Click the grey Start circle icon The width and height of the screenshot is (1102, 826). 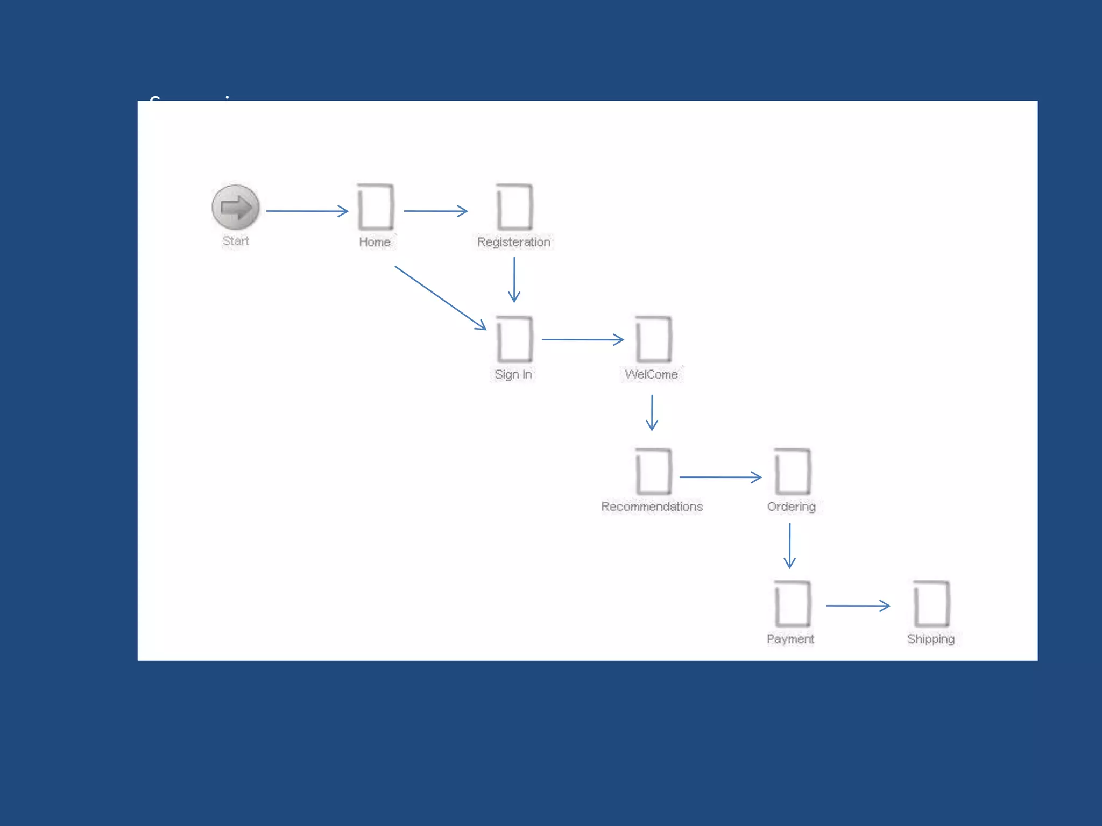(x=236, y=207)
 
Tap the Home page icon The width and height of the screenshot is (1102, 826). (x=376, y=207)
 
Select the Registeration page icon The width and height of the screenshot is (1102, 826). (x=514, y=207)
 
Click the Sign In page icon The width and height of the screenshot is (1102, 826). (x=514, y=339)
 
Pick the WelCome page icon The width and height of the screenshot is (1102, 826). (x=653, y=339)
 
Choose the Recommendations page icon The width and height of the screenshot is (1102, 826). (x=653, y=472)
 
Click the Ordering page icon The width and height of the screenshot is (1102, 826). (x=792, y=472)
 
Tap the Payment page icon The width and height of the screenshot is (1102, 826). (x=792, y=604)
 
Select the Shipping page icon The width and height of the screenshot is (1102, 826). (x=931, y=604)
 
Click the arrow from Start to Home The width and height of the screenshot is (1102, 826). (x=307, y=211)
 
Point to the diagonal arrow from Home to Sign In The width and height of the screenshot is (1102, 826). (x=440, y=297)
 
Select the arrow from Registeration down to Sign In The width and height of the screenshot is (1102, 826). (x=514, y=280)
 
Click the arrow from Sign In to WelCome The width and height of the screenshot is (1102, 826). (x=582, y=339)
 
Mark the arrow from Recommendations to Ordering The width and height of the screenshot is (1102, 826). (x=720, y=477)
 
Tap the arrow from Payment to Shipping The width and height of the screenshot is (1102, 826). (x=858, y=606)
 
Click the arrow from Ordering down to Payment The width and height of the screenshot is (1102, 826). (x=789, y=546)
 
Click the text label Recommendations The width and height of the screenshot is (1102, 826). (x=652, y=507)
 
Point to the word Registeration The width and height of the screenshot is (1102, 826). (x=514, y=242)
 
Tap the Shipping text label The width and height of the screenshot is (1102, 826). (x=931, y=639)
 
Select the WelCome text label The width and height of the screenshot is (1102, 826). (x=652, y=374)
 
